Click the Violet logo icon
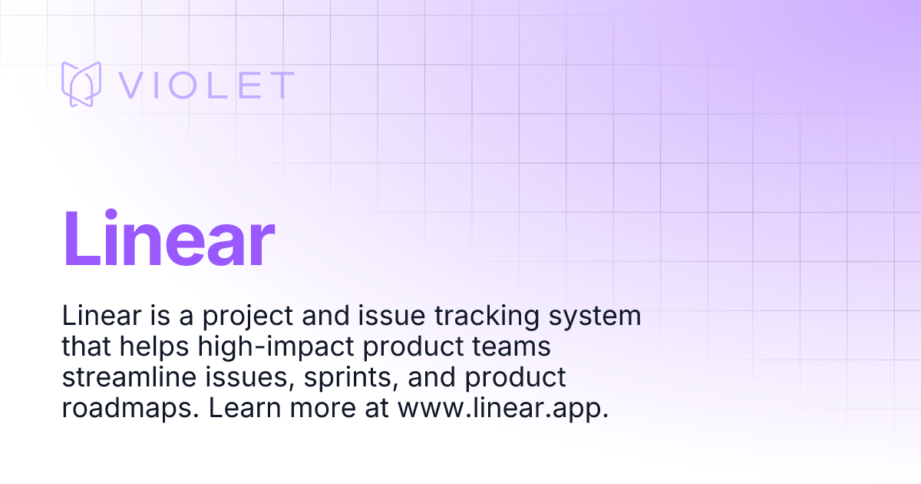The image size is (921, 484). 81,84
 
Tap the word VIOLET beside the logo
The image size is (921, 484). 206,85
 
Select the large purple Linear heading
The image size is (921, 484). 168,239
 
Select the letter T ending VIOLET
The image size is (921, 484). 281,85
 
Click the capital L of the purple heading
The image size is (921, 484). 77,239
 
